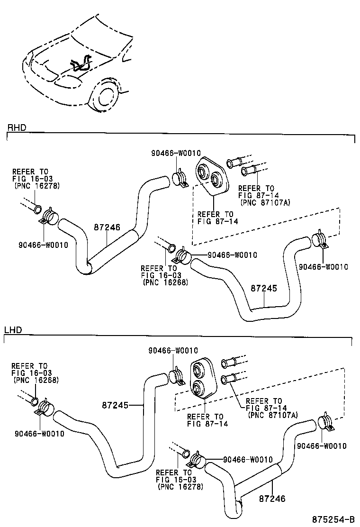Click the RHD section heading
coord(16,128)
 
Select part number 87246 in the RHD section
coord(108,227)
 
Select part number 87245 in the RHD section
coord(263,289)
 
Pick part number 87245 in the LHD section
coord(115,405)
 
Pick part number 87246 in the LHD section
coord(272,499)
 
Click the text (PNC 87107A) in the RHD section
coord(265,202)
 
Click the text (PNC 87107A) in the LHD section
coord(273,415)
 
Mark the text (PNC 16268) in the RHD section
coord(165,282)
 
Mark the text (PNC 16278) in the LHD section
coord(180,486)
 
